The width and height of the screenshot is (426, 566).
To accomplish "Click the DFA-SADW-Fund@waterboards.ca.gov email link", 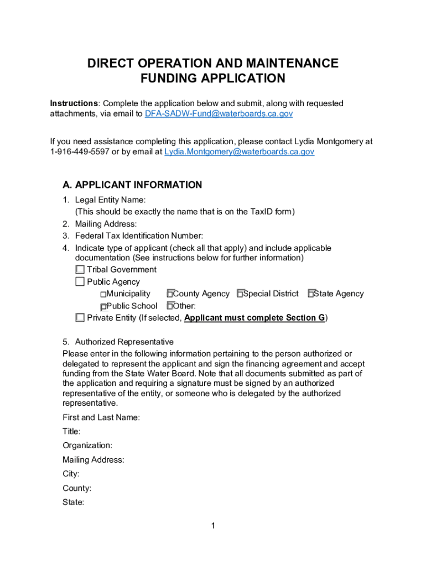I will point(219,114).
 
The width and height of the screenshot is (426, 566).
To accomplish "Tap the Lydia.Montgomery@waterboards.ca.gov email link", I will point(240,151).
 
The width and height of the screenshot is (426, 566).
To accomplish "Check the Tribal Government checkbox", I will point(80,270).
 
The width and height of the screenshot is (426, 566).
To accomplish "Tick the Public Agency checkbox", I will point(80,282).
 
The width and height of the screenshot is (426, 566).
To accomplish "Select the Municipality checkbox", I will point(103,294).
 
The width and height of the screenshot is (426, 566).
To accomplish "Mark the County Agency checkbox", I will point(170,294).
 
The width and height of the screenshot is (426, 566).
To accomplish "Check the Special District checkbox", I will point(240,294).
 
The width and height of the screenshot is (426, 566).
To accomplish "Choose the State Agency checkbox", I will point(311,294).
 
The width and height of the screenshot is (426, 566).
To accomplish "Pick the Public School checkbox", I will point(103,306).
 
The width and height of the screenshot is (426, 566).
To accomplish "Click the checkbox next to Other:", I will point(170,306).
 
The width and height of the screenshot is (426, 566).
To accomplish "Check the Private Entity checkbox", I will point(80,318).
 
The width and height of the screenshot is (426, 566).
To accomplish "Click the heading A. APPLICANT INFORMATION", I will point(132,185).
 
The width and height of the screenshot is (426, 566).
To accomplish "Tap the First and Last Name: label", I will point(101,417).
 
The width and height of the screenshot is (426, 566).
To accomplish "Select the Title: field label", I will point(71,431).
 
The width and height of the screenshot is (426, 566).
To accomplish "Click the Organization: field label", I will point(87,446).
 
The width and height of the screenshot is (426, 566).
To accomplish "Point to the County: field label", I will point(77,489).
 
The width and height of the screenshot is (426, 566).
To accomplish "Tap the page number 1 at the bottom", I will point(212,526).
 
